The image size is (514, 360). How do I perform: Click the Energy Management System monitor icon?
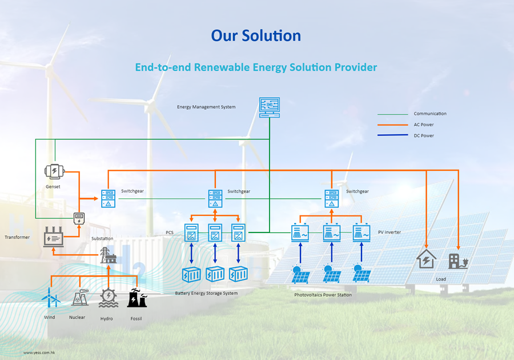[269, 107]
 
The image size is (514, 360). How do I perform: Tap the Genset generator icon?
[54, 171]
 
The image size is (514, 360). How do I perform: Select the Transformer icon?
[54, 237]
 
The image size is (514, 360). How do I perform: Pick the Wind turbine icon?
[50, 299]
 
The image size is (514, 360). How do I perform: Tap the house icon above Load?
[426, 259]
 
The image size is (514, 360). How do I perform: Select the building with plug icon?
[458, 261]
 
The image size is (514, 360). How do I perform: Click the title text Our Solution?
[256, 35]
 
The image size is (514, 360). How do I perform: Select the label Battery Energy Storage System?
[206, 293]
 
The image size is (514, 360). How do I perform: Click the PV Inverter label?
[389, 233]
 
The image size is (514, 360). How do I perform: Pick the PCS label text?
[170, 233]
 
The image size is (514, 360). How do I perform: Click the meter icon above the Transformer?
[79, 218]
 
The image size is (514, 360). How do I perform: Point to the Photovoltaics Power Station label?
[323, 295]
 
